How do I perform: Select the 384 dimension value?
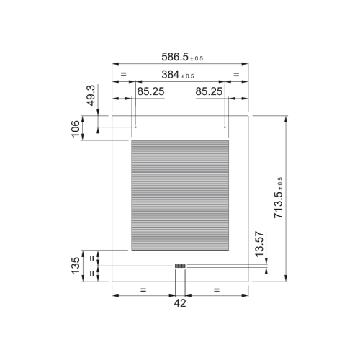[x=174, y=75]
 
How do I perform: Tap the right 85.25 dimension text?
[x=210, y=91]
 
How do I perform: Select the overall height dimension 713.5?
[x=279, y=198]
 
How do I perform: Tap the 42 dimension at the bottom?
[x=180, y=303]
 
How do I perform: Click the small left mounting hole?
[x=135, y=127]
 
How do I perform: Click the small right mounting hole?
[x=225, y=127]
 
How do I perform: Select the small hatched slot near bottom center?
[x=180, y=266]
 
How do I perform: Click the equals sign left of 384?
[x=123, y=74]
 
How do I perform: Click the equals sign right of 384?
[x=236, y=74]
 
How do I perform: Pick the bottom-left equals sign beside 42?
[x=143, y=289]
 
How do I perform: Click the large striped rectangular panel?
[x=180, y=194]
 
